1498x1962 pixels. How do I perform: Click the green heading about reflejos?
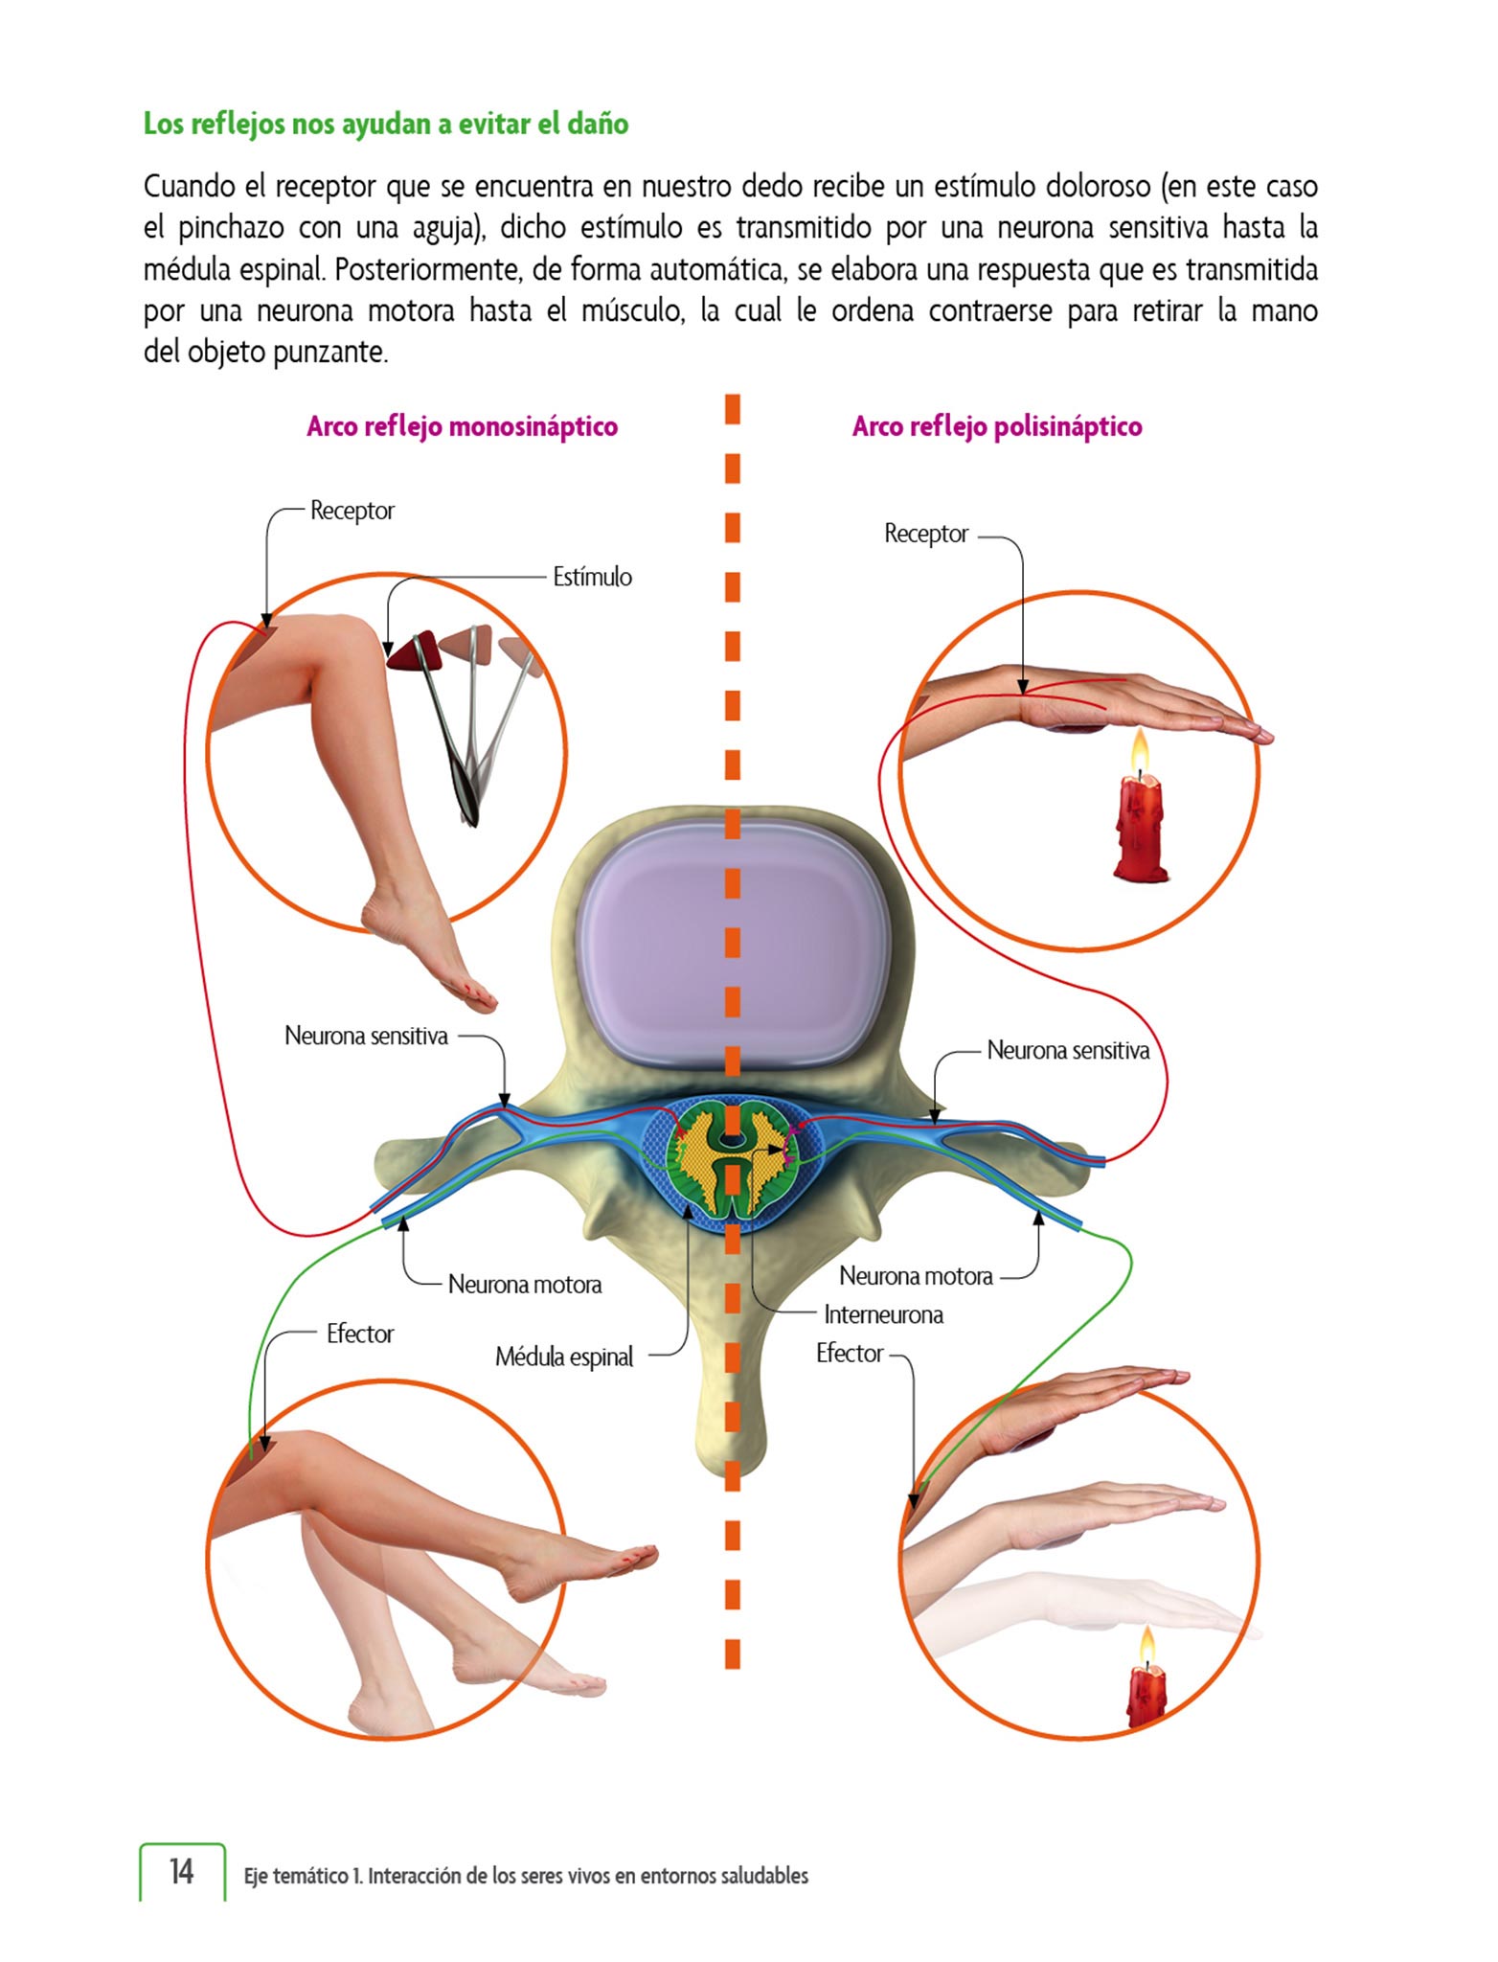tap(386, 125)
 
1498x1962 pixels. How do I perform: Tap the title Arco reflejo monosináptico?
tap(462, 427)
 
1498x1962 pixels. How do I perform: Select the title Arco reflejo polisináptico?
tap(997, 427)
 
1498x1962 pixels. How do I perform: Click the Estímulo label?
tap(592, 577)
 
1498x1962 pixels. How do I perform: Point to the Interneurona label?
tap(883, 1315)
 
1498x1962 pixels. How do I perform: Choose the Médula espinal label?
tap(564, 1357)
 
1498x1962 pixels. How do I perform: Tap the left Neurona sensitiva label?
tap(366, 1037)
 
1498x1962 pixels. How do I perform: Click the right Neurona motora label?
tap(916, 1277)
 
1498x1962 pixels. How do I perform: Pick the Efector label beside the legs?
tap(360, 1335)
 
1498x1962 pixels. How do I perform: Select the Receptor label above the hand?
tap(926, 534)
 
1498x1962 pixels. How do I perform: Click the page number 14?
tap(182, 1871)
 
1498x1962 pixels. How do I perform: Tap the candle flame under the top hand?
tap(1139, 750)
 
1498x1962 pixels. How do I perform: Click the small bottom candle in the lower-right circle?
tap(1146, 1694)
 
